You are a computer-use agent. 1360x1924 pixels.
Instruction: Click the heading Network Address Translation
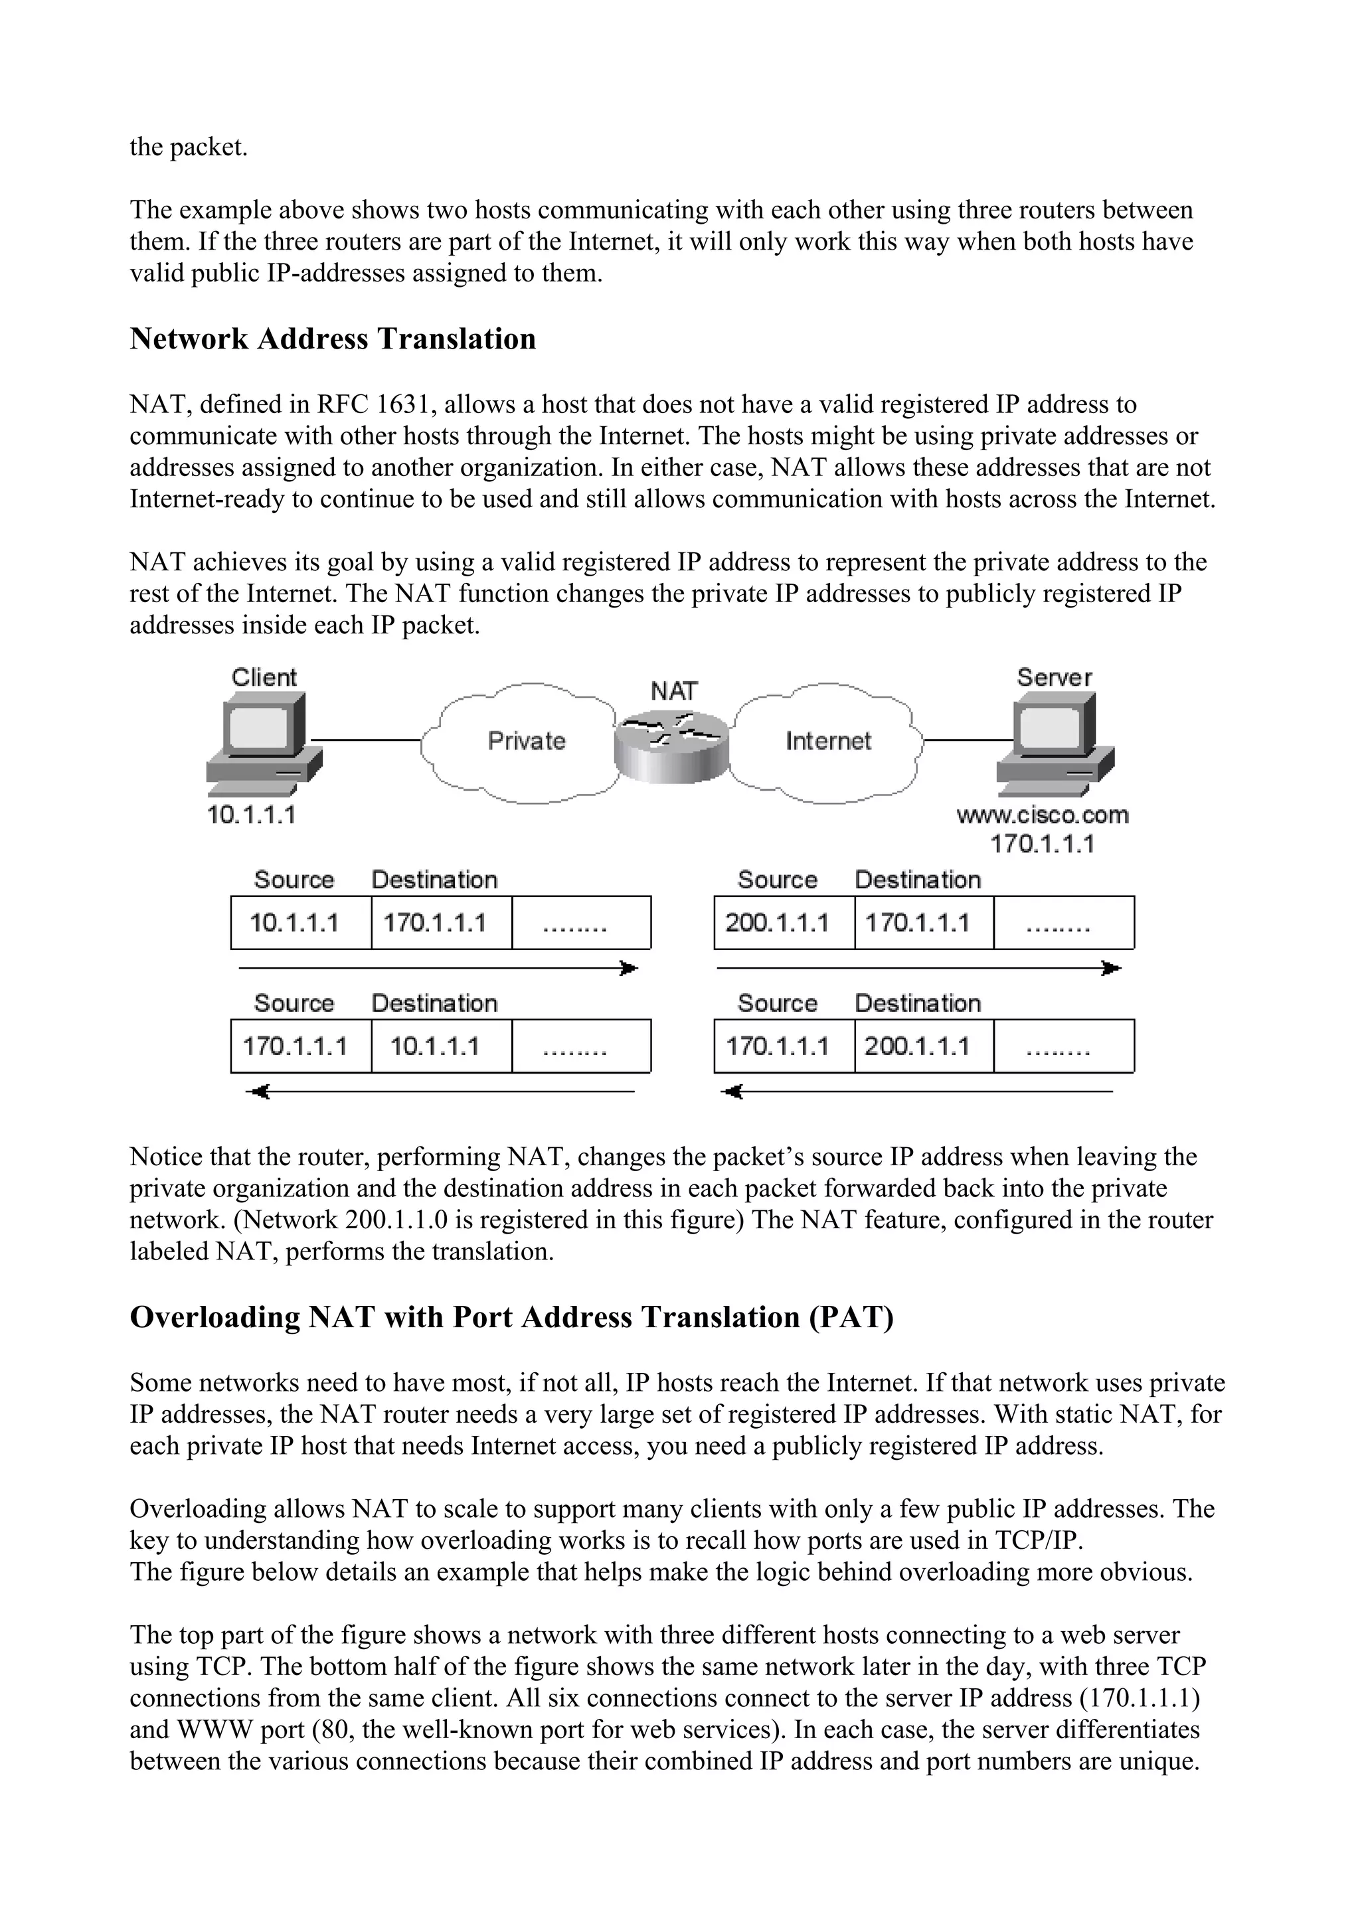333,339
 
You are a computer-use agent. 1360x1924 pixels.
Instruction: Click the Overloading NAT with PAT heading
511,1317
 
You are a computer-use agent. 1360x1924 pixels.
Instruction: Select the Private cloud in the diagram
526,741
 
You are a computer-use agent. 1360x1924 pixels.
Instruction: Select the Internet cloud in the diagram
828,741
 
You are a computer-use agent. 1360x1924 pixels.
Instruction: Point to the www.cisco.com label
1043,815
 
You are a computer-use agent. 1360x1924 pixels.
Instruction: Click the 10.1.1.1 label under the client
252,815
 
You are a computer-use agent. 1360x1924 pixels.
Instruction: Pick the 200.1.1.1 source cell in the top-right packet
777,923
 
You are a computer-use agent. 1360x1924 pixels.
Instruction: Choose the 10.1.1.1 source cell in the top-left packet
294,923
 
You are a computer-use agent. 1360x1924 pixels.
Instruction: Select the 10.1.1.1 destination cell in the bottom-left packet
435,1046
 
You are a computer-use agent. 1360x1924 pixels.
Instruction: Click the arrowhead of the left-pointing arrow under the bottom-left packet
259,1092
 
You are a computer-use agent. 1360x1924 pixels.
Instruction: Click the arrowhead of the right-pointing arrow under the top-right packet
1111,969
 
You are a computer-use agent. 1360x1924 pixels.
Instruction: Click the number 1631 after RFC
399,405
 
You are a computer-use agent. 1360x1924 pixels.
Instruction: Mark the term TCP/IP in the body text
1041,1540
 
